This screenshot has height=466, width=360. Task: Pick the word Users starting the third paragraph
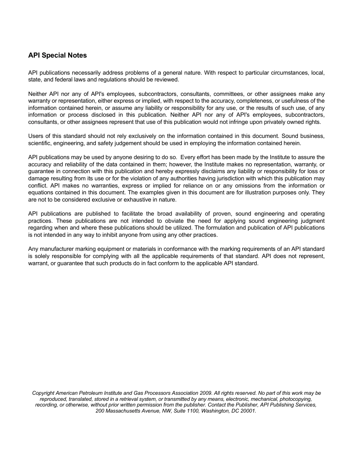point(36,136)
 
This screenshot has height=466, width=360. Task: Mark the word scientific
point(39,143)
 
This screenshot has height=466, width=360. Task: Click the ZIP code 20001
point(248,411)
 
